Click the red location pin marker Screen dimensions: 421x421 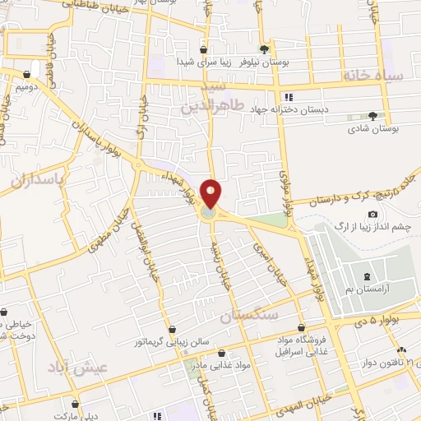tap(210, 193)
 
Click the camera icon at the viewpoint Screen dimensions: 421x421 tap(372, 215)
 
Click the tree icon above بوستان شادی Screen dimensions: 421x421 tap(372, 116)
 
